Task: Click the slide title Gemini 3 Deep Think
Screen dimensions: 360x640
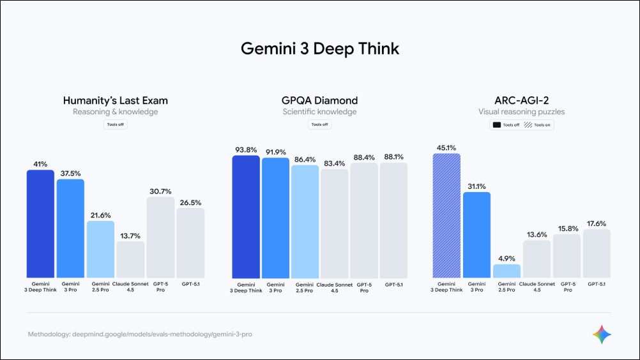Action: pos(319,49)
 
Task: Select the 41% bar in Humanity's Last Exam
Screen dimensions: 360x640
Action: pos(40,223)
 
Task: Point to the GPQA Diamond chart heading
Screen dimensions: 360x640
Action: pos(319,100)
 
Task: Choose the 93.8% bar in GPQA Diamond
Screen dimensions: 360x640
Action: pos(246,216)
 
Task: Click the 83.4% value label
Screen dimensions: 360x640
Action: pos(335,162)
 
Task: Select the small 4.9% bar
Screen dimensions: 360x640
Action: pos(507,271)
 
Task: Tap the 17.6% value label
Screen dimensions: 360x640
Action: pos(597,223)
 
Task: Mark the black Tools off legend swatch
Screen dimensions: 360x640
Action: pos(496,125)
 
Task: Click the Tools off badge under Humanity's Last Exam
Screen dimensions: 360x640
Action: pos(116,124)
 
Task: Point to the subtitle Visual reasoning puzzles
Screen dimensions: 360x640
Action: pos(521,112)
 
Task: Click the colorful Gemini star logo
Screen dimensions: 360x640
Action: pos(602,334)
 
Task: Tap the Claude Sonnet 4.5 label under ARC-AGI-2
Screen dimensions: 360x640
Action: pos(537,285)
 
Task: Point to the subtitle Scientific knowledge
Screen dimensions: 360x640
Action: pos(319,112)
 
